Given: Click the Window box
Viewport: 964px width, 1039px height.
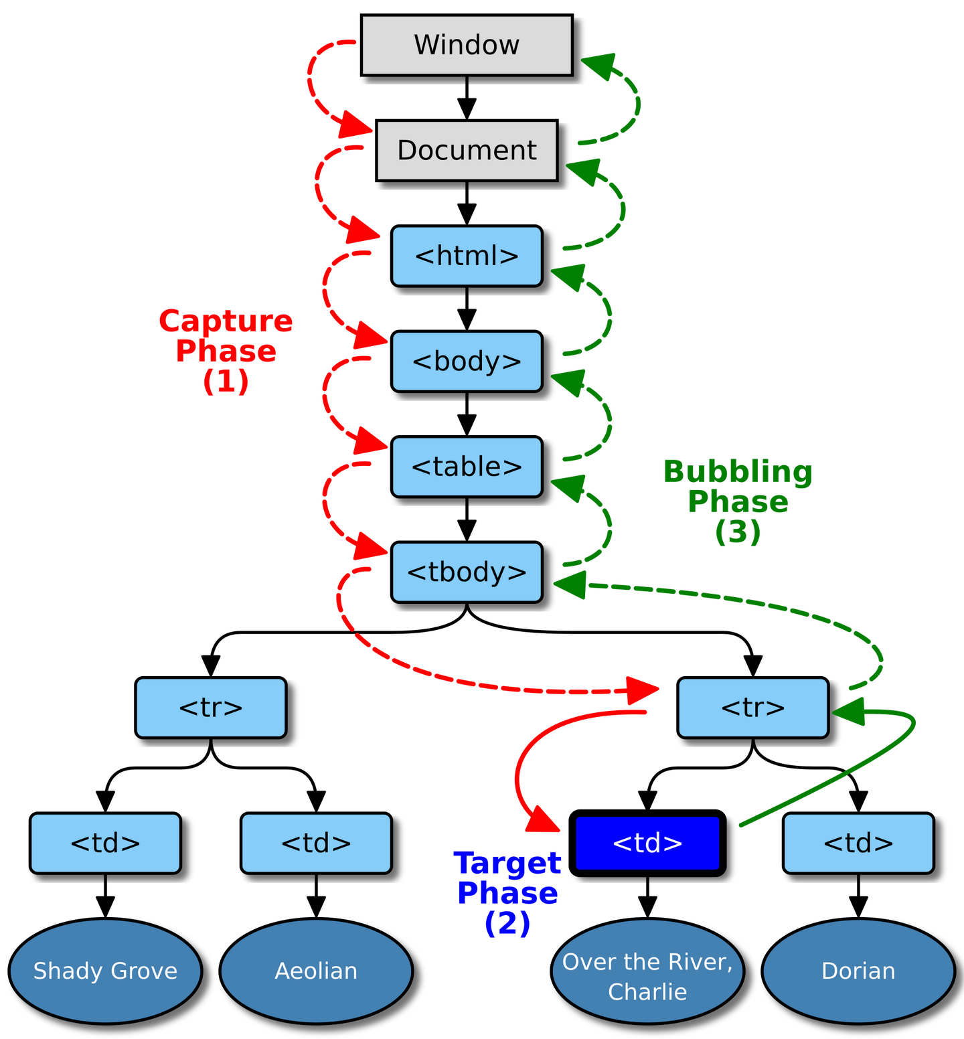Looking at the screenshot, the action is tap(467, 45).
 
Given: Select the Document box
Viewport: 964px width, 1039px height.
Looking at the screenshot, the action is tap(467, 150).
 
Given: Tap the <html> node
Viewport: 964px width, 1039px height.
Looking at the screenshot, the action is tap(467, 256).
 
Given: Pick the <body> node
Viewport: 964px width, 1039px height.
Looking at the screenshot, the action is tap(467, 361).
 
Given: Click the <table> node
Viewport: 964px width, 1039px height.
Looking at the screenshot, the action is tap(467, 467).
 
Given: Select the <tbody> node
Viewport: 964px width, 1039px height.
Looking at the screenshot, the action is tap(467, 572).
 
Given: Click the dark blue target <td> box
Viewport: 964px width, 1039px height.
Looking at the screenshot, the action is tap(647, 843).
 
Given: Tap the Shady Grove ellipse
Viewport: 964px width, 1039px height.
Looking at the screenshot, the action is tap(105, 971).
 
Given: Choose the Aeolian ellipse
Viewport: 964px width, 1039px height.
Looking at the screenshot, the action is tap(316, 971).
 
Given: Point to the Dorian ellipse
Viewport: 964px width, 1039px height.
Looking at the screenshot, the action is tap(858, 971).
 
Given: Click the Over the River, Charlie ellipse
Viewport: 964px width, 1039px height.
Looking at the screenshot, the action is tap(647, 971).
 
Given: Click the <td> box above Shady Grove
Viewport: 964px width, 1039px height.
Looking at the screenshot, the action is tap(105, 843).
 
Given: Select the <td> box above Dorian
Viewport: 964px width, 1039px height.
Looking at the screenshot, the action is tap(858, 843).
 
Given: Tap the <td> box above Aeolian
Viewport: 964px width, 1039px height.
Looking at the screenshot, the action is tap(316, 843).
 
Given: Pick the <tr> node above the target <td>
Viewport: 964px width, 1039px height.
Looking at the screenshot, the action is tap(753, 708).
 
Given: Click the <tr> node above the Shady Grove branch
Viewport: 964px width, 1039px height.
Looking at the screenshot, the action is tap(211, 708).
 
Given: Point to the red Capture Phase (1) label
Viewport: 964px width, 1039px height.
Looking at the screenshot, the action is tap(226, 351).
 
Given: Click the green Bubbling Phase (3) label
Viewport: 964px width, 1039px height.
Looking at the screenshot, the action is tap(738, 502).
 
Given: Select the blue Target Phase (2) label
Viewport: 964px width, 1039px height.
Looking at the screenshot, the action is tap(507, 894).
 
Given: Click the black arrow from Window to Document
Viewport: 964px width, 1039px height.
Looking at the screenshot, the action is tap(467, 98).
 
